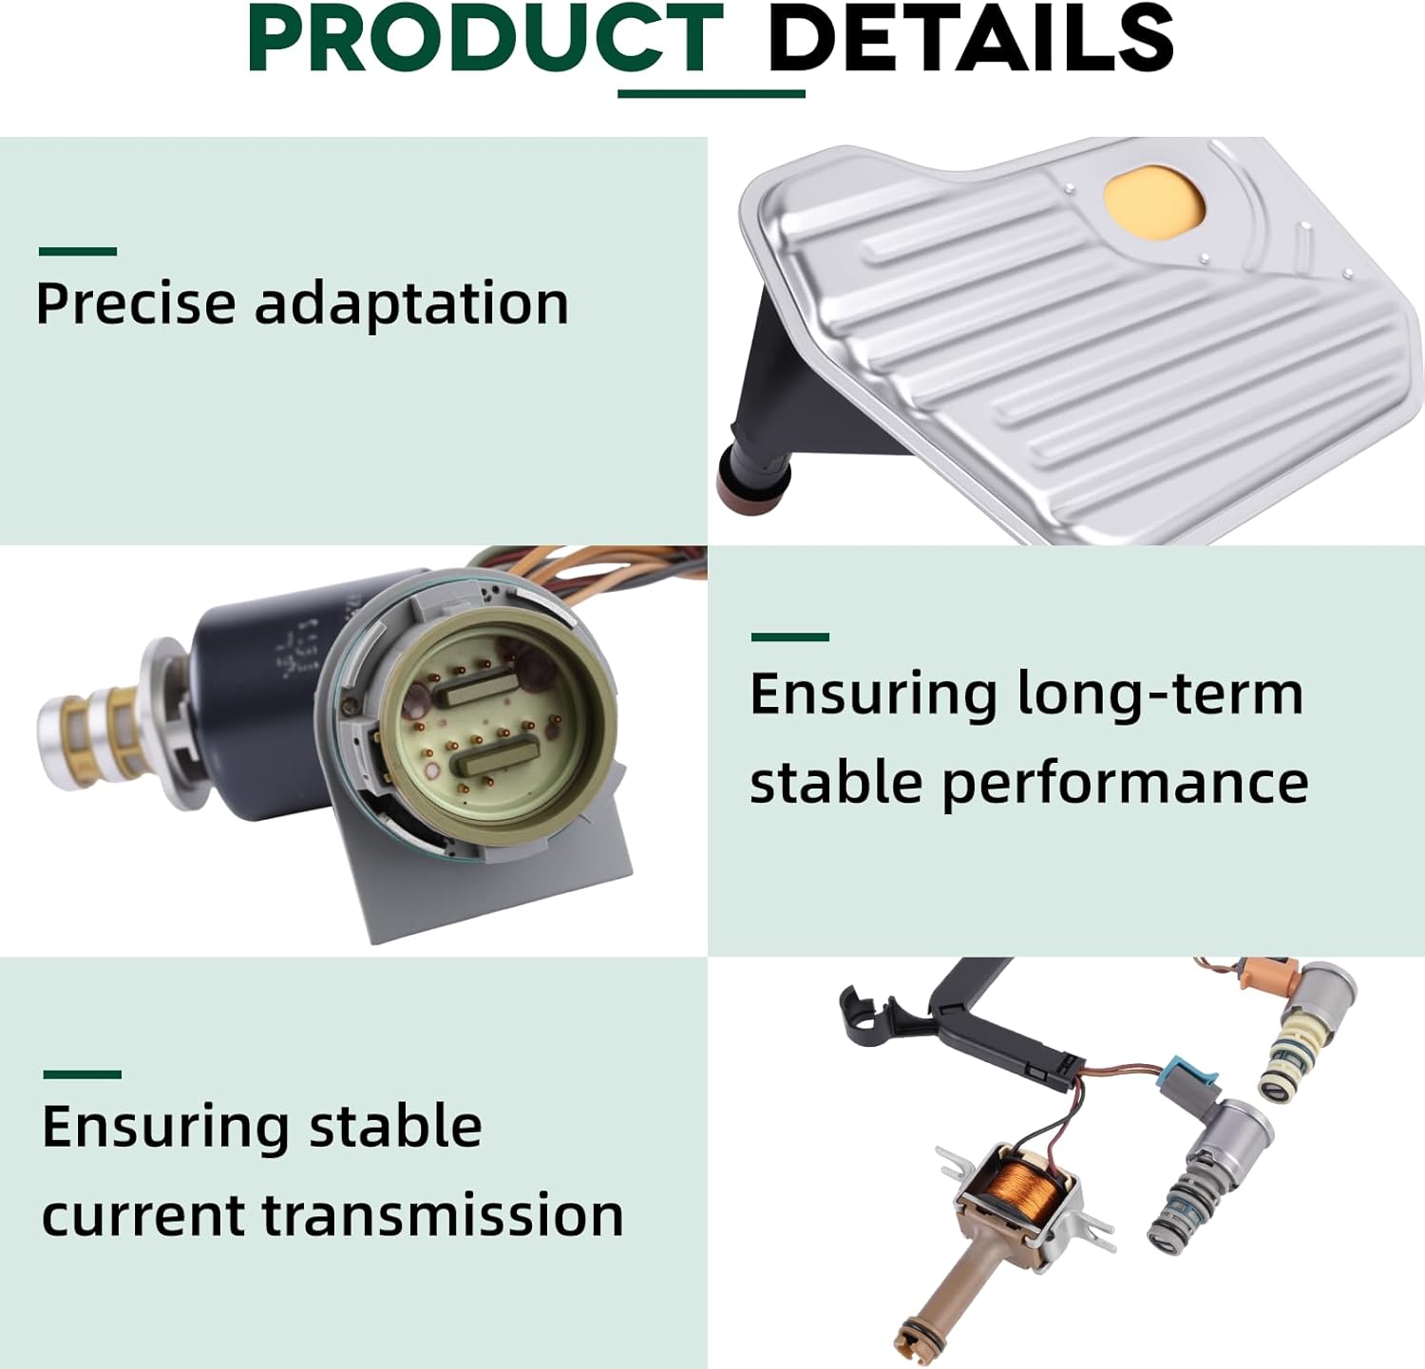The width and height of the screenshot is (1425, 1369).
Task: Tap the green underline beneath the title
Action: pos(712,93)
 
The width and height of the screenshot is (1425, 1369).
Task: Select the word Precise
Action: pos(136,304)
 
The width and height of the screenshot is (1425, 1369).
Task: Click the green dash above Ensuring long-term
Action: pos(789,637)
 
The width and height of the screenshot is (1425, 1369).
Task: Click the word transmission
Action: pos(443,1215)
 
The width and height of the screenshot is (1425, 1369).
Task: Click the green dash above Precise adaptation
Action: pos(78,252)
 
